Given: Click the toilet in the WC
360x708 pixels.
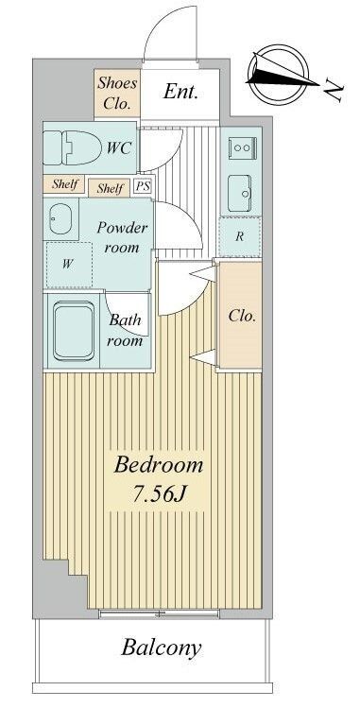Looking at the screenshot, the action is click(72, 147).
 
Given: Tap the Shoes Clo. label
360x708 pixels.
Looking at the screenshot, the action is click(117, 94).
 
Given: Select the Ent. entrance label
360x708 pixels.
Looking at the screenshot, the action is click(180, 92).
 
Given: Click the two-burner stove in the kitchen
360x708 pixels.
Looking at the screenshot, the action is click(242, 147).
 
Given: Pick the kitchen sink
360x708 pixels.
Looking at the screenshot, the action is click(240, 193).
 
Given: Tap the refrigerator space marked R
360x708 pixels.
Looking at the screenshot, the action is click(240, 237).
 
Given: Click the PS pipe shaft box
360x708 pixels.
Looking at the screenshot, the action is click(143, 187).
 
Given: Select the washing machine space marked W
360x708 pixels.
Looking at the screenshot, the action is click(69, 265).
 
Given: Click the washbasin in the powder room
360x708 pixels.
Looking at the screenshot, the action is click(60, 219).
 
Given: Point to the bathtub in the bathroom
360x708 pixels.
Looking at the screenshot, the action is click(74, 331).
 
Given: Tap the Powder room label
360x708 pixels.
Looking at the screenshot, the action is click(122, 236).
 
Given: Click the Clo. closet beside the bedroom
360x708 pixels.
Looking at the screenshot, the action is click(240, 316).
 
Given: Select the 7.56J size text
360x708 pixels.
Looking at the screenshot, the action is click(160, 494).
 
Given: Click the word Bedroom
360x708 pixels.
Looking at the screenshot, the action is click(159, 465).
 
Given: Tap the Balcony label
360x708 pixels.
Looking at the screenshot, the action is click(161, 648).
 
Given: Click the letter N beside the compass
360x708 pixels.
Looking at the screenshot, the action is click(334, 93).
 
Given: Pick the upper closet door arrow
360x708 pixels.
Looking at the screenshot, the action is click(203, 274).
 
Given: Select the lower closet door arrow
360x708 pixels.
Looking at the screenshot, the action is click(203, 357).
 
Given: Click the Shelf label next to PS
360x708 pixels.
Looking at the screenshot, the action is click(111, 188).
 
